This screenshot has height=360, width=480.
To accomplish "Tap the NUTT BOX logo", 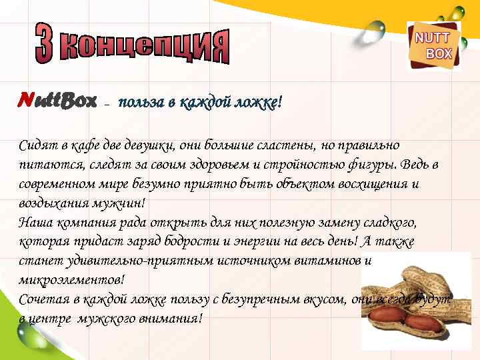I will pyautogui.click(x=433, y=45).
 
